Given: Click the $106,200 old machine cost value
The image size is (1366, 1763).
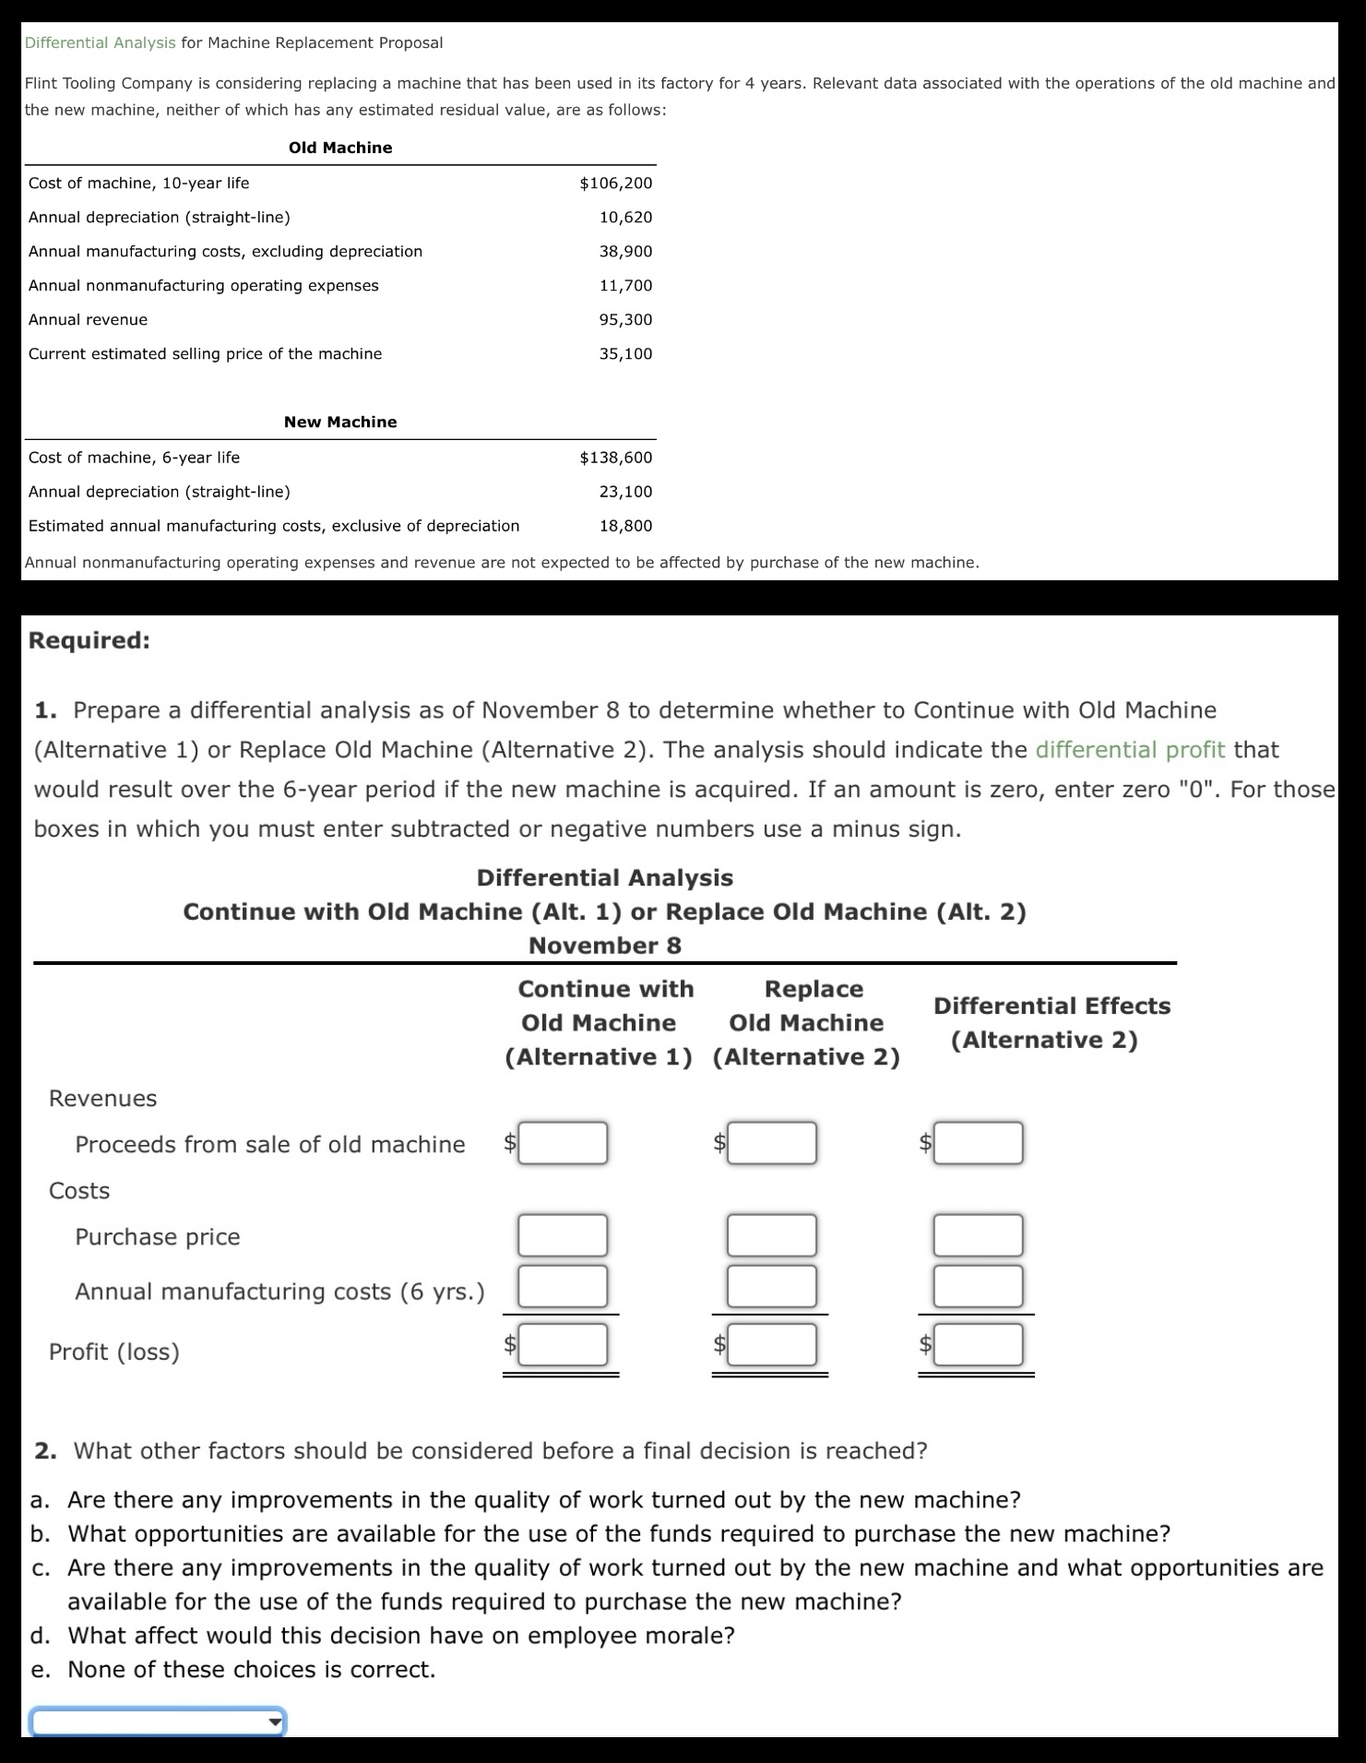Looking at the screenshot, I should click(x=615, y=183).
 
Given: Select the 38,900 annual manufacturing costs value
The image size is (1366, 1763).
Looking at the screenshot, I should click(x=625, y=251).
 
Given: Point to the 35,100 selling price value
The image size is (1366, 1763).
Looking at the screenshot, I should click(x=625, y=353).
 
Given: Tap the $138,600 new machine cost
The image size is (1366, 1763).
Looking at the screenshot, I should click(x=615, y=457).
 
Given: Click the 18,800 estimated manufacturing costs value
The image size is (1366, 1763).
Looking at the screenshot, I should click(x=625, y=525).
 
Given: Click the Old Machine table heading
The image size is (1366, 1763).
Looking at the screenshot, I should click(x=340, y=148).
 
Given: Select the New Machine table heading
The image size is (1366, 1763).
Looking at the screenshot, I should click(x=340, y=422).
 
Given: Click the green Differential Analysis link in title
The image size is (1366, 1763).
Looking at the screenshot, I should click(x=100, y=42).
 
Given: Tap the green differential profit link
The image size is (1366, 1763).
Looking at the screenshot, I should click(x=1130, y=749).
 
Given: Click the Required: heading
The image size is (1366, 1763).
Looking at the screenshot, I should click(x=89, y=639).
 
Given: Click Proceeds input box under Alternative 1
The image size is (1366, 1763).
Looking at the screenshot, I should click(x=562, y=1143).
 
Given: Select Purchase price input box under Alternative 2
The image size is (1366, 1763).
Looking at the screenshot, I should click(x=771, y=1235).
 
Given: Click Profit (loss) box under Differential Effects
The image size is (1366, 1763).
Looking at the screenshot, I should click(x=978, y=1344).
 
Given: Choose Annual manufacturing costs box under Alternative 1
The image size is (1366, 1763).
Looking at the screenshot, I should click(x=562, y=1286).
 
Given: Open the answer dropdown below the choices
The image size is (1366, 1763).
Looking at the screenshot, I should click(x=158, y=1721).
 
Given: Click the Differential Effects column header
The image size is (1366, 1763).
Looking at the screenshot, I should click(x=1051, y=1022).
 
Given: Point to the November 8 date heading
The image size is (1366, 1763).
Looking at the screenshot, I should click(x=604, y=946).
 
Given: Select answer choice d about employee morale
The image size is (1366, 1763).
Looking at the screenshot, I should click(x=400, y=1635).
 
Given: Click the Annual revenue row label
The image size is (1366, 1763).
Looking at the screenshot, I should click(x=88, y=319).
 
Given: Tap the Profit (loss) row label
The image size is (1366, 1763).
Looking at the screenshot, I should click(x=114, y=1352).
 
